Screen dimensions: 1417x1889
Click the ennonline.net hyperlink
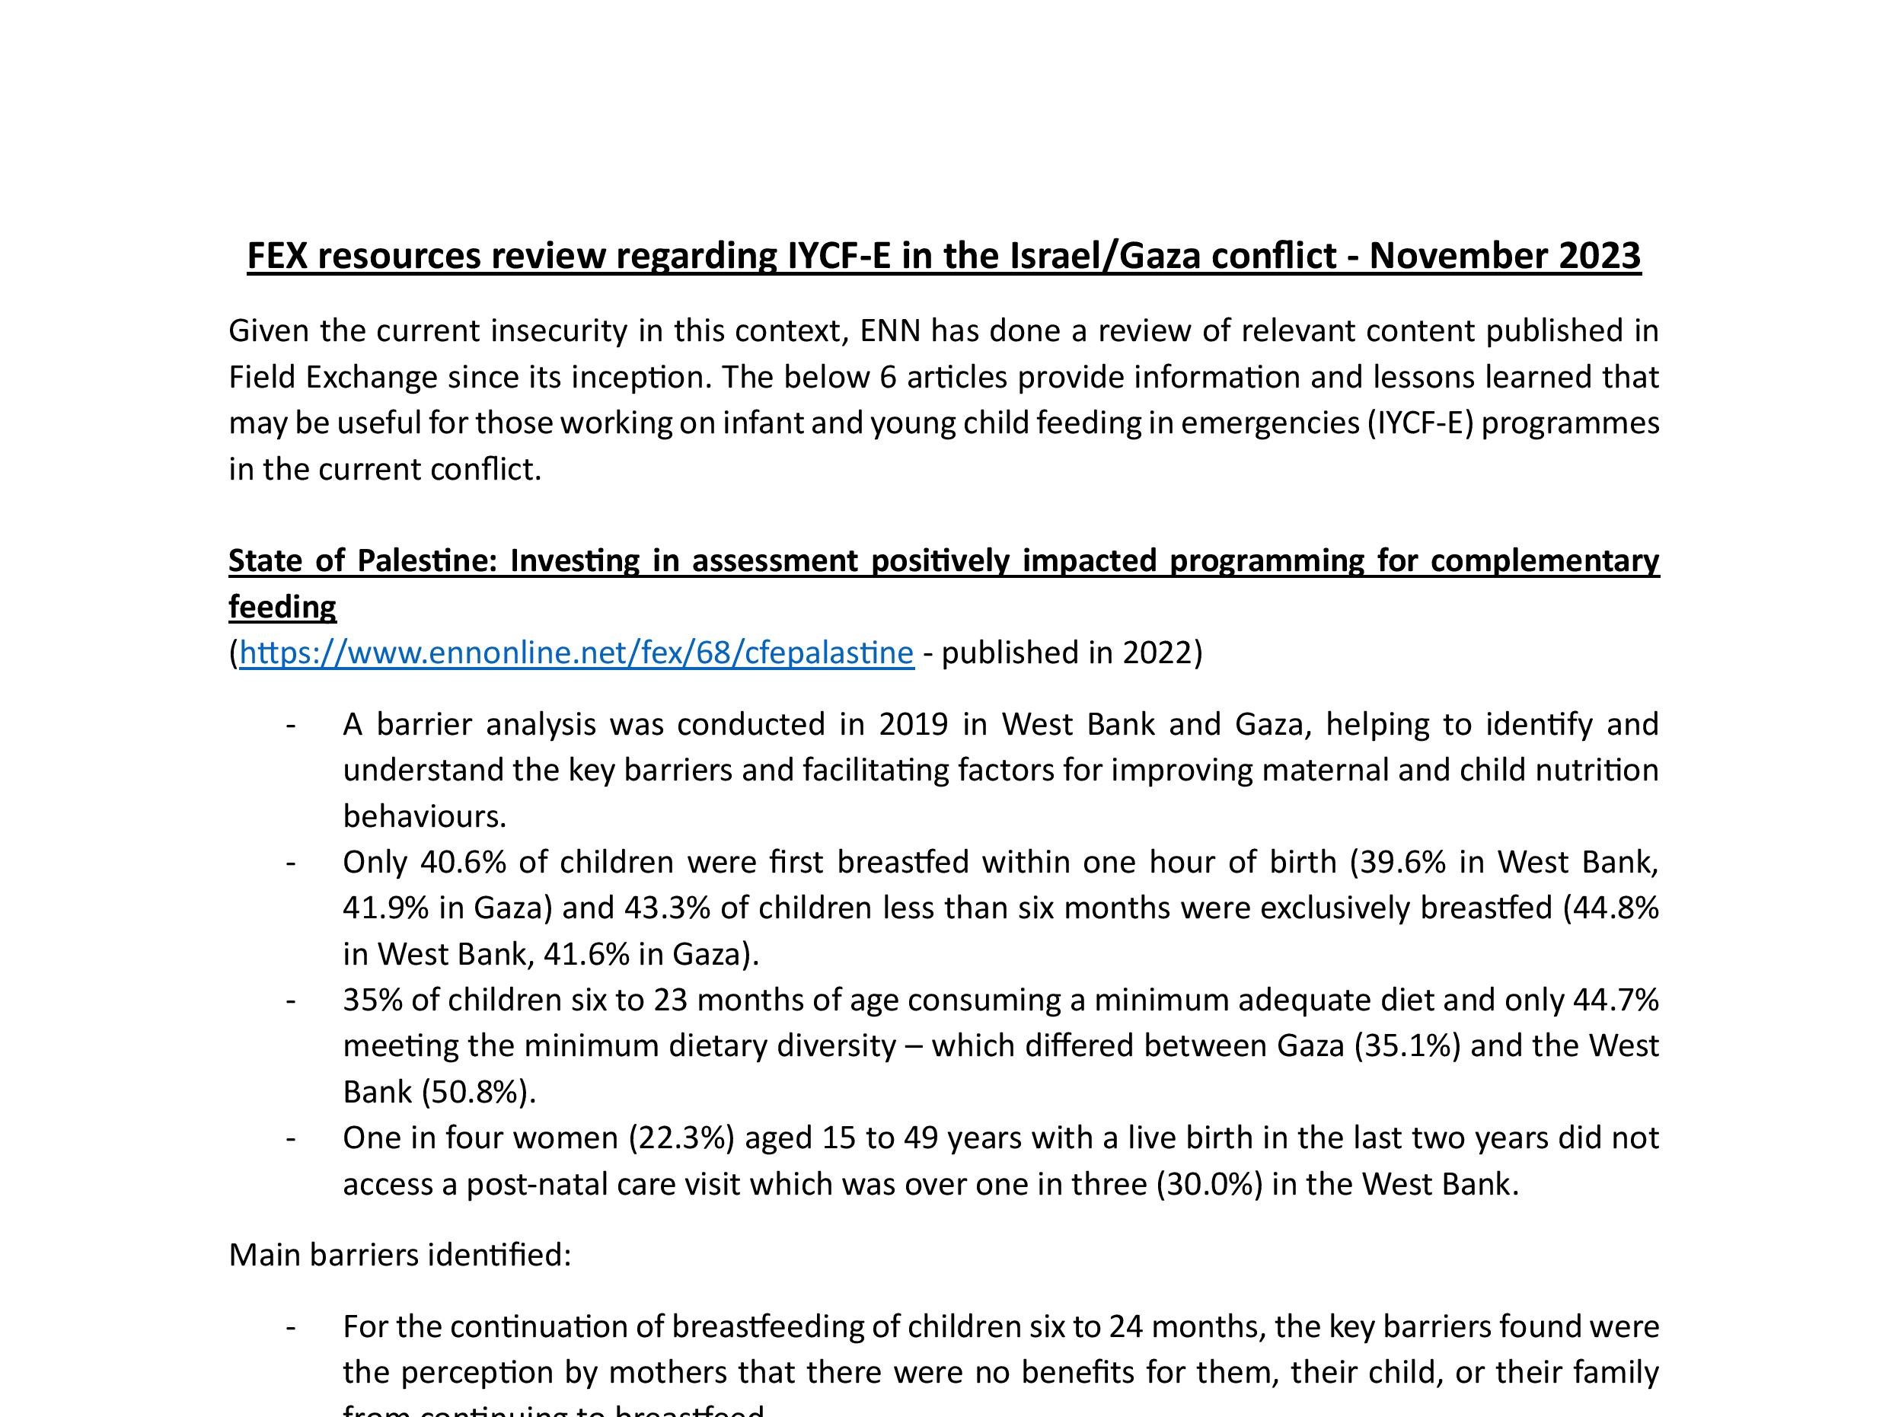[x=576, y=653]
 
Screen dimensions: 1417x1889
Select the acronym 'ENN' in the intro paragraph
[x=891, y=330]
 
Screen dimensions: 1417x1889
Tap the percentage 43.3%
[x=667, y=907]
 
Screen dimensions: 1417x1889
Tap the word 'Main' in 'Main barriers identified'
[x=265, y=1255]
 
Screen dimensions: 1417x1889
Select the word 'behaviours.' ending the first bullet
[x=424, y=816]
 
